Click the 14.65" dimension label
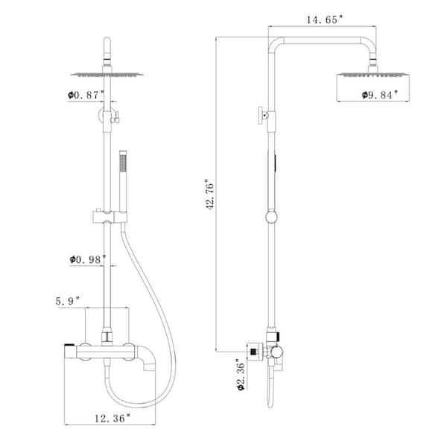[x=324, y=19]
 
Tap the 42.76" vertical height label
[x=210, y=194]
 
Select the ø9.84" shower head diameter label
[x=380, y=95]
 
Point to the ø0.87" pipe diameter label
[x=86, y=95]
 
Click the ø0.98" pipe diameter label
[x=88, y=259]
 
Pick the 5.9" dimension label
[x=68, y=301]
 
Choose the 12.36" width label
[x=112, y=419]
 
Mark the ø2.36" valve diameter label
[x=241, y=375]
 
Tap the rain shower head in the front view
[x=107, y=74]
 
